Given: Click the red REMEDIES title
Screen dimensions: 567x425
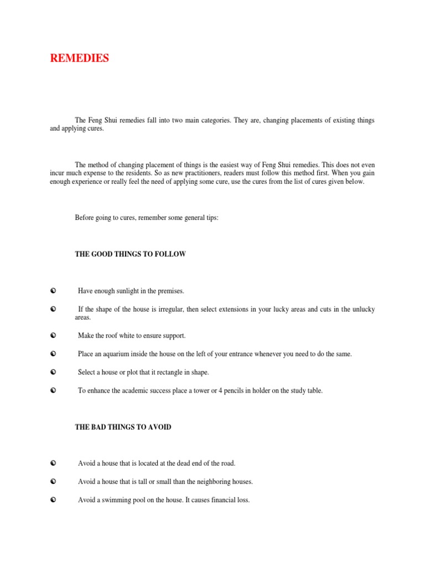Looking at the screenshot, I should pos(80,58).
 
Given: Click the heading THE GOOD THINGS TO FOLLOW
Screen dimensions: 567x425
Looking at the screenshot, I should pos(131,254).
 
